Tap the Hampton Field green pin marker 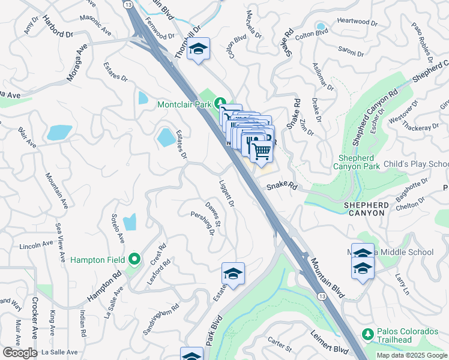(x=135, y=260)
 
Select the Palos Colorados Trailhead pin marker (x=367, y=333)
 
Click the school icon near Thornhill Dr (x=197, y=49)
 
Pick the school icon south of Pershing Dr (x=233, y=274)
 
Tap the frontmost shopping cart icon (x=261, y=151)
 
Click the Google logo (x=20, y=353)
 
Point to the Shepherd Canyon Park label (x=357, y=162)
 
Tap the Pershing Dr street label (x=203, y=223)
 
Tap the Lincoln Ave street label (x=37, y=245)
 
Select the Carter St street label (x=280, y=346)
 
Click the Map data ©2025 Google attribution (x=411, y=355)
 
